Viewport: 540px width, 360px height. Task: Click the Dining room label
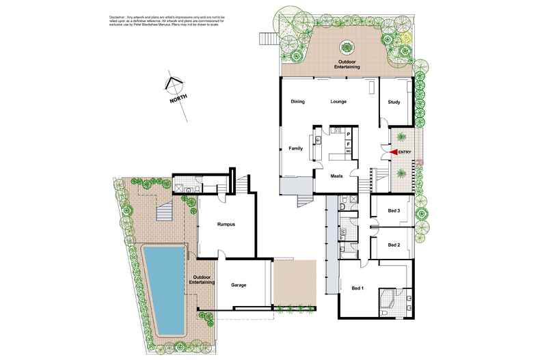[297, 102]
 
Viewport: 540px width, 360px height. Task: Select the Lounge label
[338, 102]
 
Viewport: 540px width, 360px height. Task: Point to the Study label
[394, 102]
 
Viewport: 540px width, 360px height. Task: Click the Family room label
[295, 148]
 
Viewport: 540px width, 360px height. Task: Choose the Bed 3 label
[393, 211]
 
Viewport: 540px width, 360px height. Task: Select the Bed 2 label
[393, 245]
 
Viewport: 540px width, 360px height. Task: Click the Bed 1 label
[357, 288]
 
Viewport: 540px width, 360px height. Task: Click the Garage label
[238, 285]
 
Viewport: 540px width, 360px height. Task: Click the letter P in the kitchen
[348, 135]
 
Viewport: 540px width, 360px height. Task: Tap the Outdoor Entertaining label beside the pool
[203, 280]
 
